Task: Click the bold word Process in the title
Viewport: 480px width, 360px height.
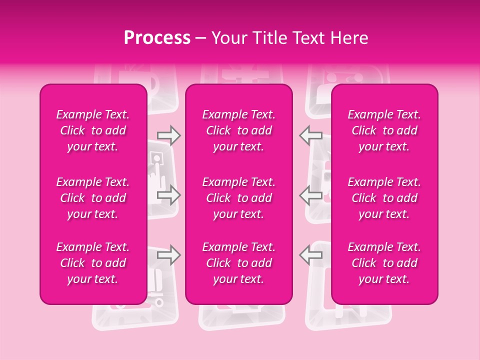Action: point(157,38)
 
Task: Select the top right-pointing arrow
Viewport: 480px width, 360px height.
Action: point(169,135)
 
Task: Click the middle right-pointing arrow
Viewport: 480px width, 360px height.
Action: point(169,195)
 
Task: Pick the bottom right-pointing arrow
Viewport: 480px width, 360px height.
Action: point(169,255)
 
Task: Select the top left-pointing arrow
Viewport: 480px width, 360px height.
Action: point(311,135)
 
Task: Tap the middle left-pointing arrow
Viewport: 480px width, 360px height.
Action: point(311,195)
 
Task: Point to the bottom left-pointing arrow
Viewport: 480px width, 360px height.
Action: point(311,255)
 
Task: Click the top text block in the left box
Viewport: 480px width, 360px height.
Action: point(93,130)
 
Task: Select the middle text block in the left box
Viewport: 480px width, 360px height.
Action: point(93,198)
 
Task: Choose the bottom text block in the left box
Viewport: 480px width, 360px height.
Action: point(93,263)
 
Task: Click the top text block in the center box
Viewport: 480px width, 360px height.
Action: point(239,130)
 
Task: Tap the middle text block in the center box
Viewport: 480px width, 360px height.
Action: point(239,198)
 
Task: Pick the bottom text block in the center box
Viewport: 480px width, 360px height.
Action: point(239,263)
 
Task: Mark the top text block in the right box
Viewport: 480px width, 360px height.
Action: point(384,130)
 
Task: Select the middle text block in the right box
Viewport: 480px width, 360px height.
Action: point(384,198)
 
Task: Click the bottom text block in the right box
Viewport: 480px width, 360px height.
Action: point(384,263)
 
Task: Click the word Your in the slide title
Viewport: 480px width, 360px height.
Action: point(229,38)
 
